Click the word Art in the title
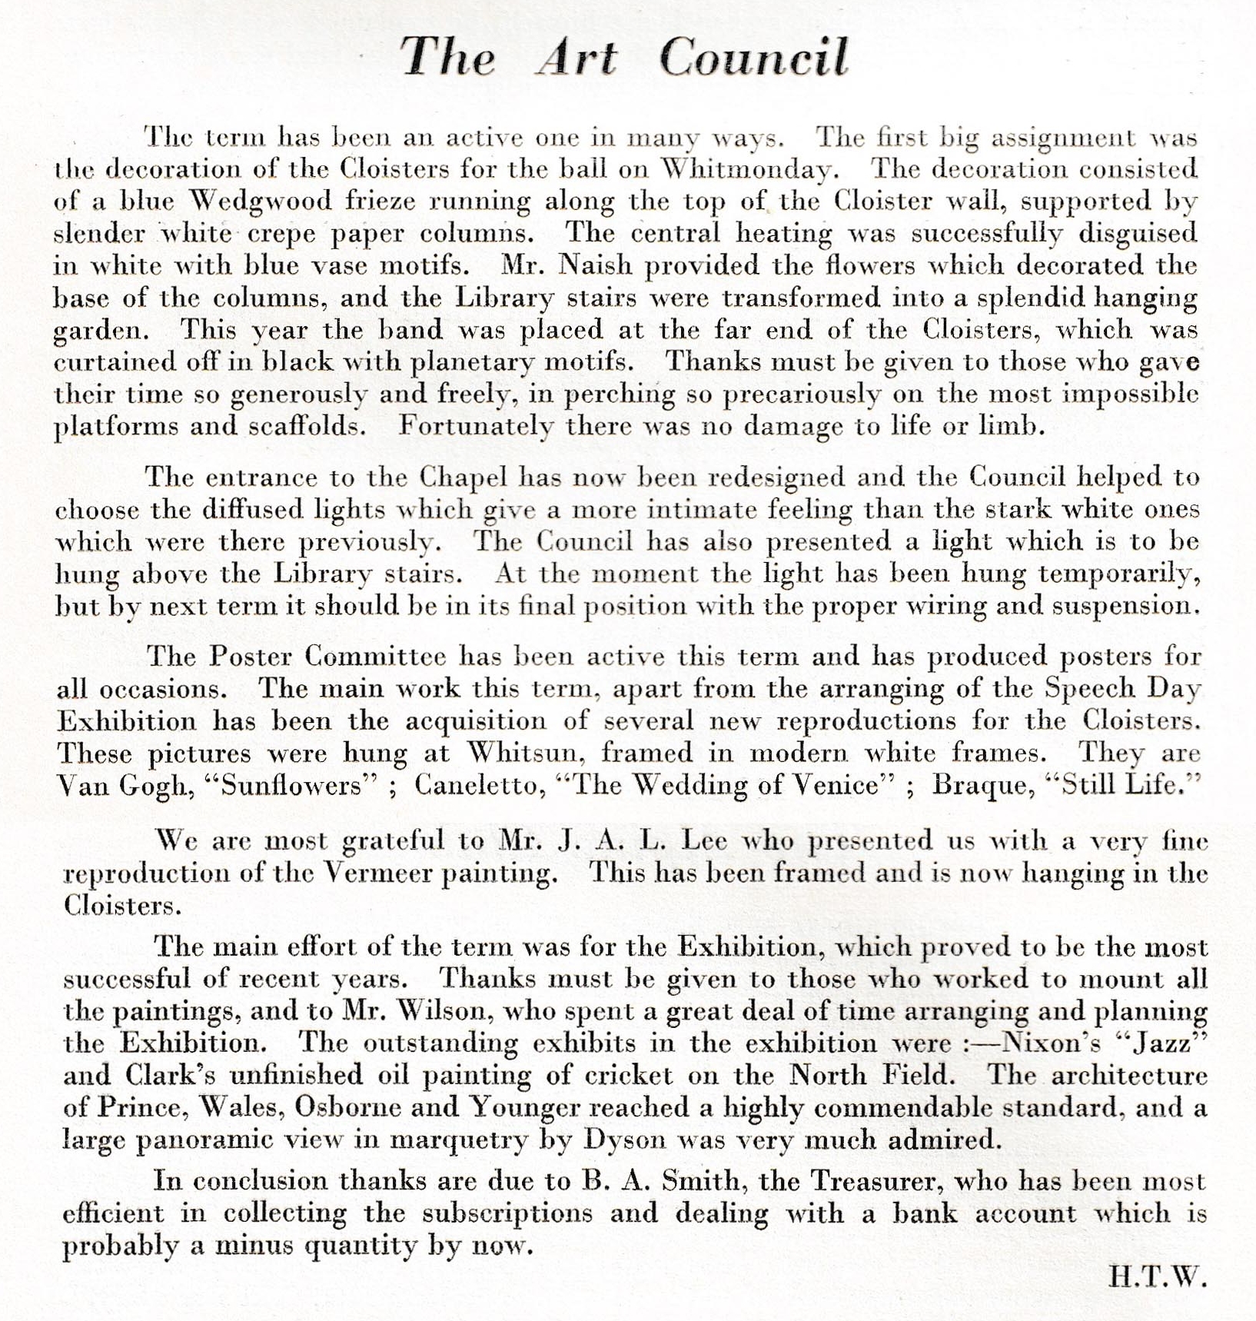coord(576,57)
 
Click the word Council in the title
coord(753,57)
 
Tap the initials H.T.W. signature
coord(1158,1277)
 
